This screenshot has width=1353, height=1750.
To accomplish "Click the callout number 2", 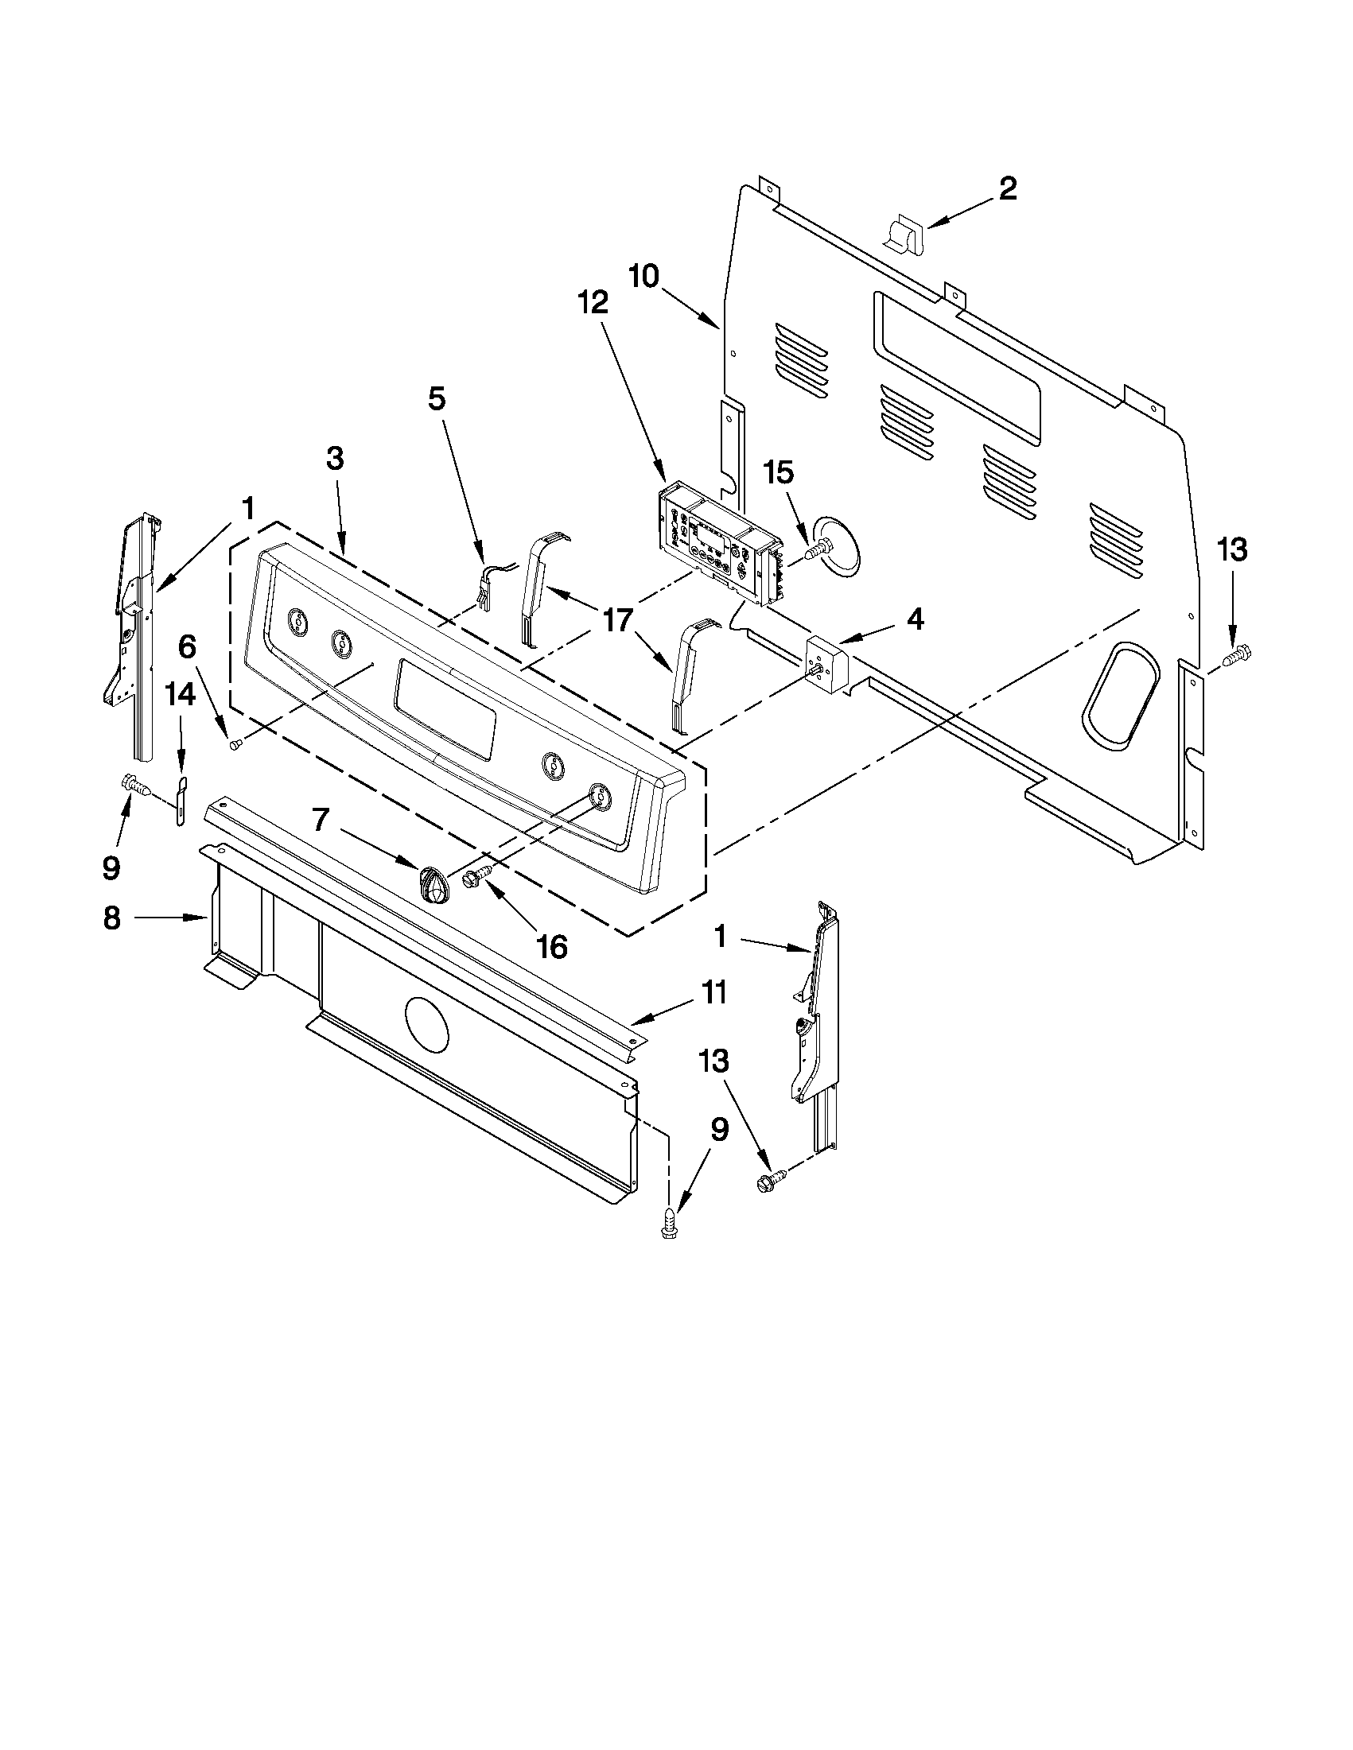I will tap(1007, 189).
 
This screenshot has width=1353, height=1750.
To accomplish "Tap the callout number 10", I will tap(643, 277).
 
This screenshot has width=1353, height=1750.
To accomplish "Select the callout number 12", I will tap(594, 302).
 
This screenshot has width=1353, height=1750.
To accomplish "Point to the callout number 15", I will tap(778, 473).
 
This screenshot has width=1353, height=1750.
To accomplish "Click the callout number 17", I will tap(618, 620).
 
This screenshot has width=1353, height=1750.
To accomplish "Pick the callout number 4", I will tap(915, 619).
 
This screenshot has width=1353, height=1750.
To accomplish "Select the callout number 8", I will tap(112, 918).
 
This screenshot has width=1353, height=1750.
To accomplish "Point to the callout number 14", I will tap(181, 695).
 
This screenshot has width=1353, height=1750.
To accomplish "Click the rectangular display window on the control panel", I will tap(445, 705).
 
